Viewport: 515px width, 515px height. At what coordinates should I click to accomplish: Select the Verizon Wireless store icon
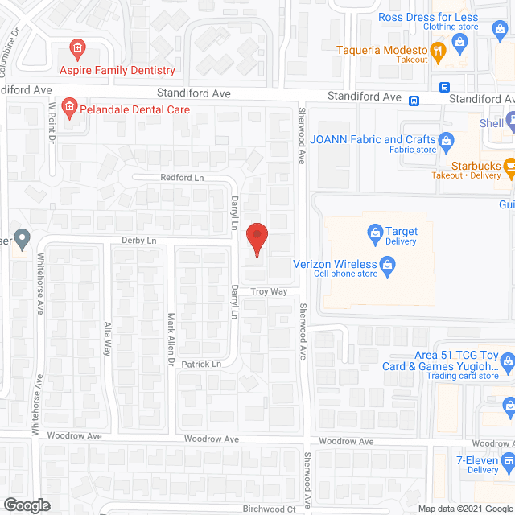click(x=387, y=264)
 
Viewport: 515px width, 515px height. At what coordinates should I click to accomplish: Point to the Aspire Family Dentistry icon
click(x=77, y=49)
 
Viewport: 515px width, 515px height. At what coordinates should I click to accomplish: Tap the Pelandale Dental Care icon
click(x=69, y=106)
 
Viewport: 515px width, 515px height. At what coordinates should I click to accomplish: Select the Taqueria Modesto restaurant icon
click(x=438, y=51)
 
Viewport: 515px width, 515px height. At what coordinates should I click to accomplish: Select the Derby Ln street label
click(x=138, y=240)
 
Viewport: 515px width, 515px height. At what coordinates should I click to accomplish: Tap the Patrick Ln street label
click(x=201, y=364)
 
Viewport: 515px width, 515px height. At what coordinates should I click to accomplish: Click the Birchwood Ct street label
click(x=270, y=509)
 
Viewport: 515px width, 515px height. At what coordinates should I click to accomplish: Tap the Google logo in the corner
click(x=26, y=505)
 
